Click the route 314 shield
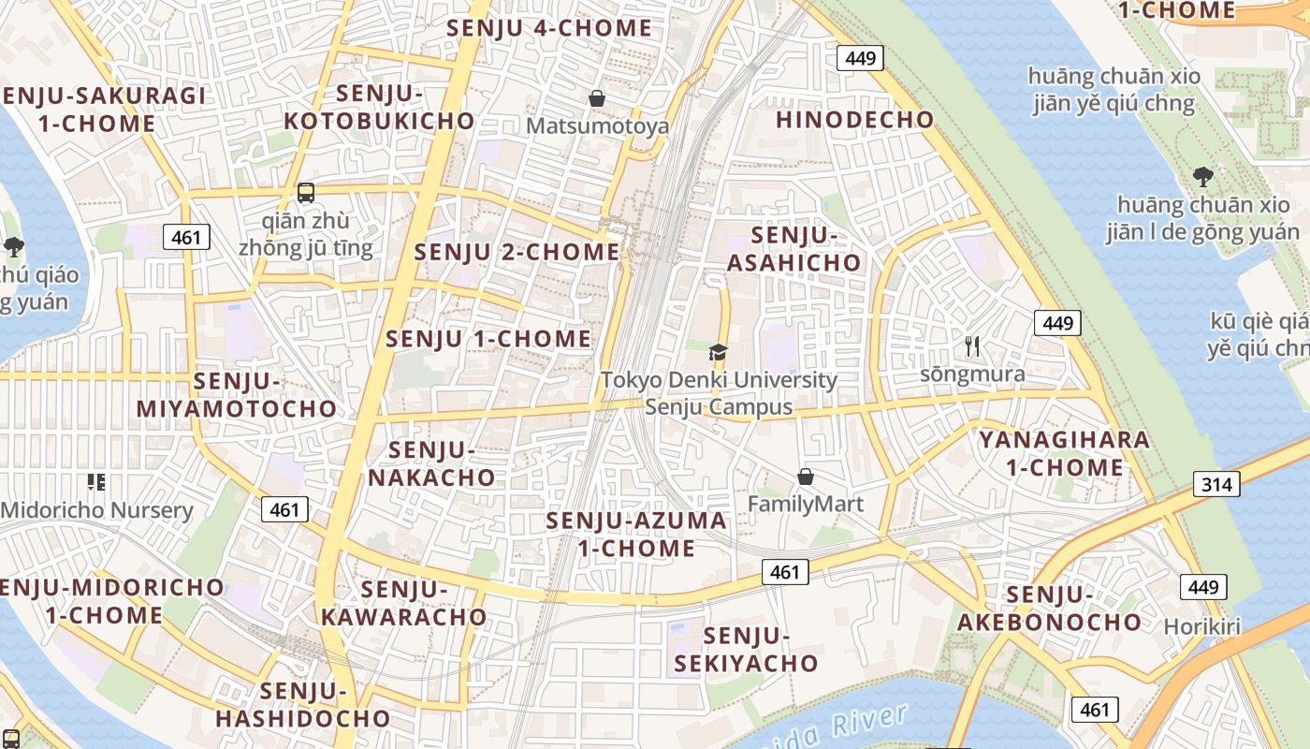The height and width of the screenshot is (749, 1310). (1216, 484)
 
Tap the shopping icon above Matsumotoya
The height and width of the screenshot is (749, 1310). (597, 98)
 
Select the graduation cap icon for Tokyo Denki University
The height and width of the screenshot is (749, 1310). (718, 353)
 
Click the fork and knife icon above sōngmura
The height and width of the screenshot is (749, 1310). (972, 346)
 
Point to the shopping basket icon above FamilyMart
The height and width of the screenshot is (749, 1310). (805, 477)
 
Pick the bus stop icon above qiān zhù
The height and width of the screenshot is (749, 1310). (306, 193)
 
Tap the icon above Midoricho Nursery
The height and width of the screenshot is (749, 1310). (95, 482)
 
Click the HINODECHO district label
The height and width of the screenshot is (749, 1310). (854, 120)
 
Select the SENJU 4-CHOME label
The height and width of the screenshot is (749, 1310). (549, 28)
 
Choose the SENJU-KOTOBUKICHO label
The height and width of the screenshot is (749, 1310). (379, 108)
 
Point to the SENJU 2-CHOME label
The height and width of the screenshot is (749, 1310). (517, 253)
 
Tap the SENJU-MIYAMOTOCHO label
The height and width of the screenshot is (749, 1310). (237, 395)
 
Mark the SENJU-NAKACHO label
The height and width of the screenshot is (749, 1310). (431, 463)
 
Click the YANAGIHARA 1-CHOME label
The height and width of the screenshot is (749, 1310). (1064, 453)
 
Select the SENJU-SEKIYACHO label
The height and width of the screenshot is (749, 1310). (746, 650)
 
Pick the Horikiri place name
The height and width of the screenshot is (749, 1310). (1202, 626)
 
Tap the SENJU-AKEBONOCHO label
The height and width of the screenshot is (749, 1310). (1049, 609)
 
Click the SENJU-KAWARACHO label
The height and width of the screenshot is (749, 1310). (404, 603)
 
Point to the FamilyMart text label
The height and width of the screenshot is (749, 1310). (805, 505)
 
